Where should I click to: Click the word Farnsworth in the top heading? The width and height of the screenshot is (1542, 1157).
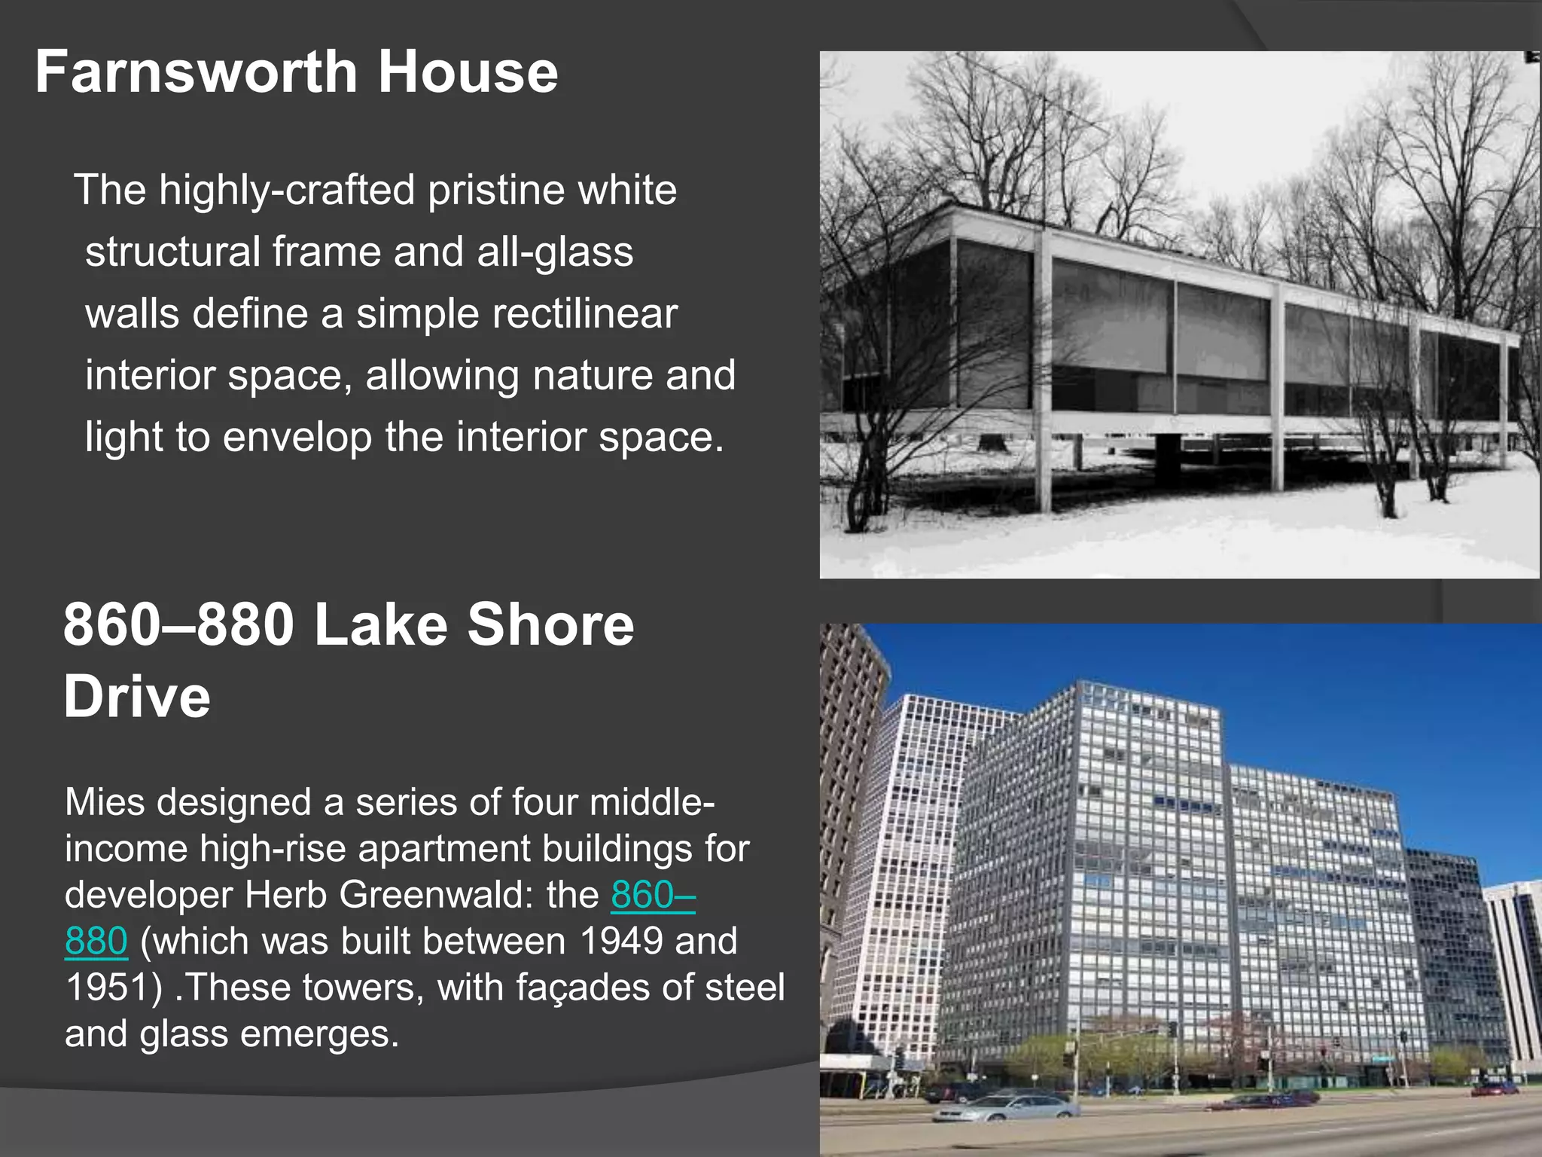194,72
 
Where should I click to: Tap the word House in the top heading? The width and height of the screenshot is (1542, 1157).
468,72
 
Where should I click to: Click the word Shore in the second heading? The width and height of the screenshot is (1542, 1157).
550,624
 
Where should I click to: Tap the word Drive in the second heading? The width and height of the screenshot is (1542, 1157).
137,697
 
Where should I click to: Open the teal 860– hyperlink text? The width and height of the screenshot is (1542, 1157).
653,896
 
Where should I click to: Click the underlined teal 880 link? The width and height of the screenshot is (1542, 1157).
96,942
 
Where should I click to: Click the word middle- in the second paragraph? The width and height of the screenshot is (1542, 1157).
652,802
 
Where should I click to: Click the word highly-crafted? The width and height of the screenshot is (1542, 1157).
287,190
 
